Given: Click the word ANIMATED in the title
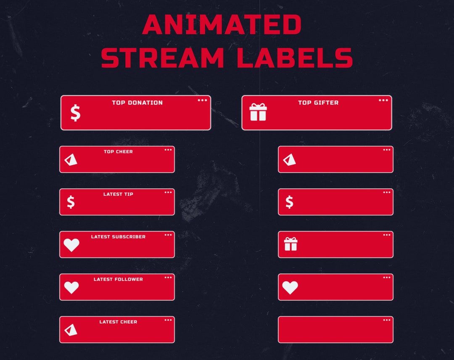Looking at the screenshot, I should (222, 25).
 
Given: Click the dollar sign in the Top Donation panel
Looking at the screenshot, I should (75, 113).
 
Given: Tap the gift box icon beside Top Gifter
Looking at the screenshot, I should (258, 112).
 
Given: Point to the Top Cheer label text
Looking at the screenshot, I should (118, 152).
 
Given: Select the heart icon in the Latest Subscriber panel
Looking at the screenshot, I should (71, 245).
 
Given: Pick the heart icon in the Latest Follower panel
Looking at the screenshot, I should (71, 287).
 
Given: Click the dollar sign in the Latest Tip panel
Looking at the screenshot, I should (71, 202).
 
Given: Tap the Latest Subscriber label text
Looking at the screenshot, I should (118, 237).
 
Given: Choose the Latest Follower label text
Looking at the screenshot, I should (118, 279).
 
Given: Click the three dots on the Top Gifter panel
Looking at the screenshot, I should (383, 100).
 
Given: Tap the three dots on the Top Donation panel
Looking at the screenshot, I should (202, 100).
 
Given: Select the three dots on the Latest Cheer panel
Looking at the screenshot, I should (168, 320).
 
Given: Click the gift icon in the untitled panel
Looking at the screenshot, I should (290, 244).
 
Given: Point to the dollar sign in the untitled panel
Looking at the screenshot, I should (289, 202).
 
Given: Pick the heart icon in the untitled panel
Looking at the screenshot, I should (290, 287).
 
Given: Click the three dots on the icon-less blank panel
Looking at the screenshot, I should (387, 320).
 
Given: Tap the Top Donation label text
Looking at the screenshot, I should (137, 102).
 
